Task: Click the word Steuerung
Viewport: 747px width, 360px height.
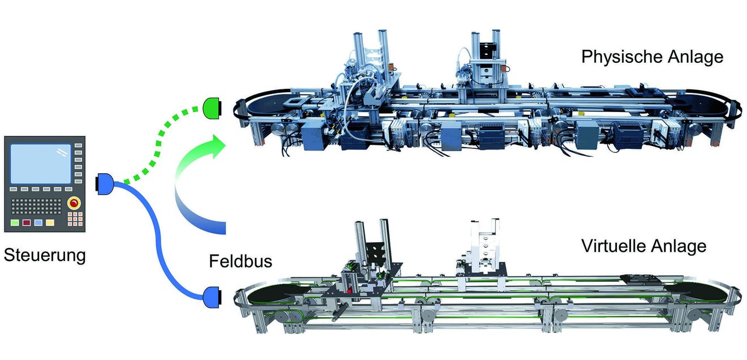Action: tap(45, 256)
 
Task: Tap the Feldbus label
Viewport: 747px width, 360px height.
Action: tap(241, 261)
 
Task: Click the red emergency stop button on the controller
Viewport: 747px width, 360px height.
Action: tap(74, 203)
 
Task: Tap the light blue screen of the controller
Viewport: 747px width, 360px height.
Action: tap(41, 164)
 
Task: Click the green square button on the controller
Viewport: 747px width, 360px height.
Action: tap(15, 222)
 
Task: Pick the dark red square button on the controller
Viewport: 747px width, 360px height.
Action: tap(27, 222)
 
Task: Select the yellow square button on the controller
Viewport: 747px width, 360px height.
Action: tap(50, 222)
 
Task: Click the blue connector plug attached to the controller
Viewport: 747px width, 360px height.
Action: tap(105, 183)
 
